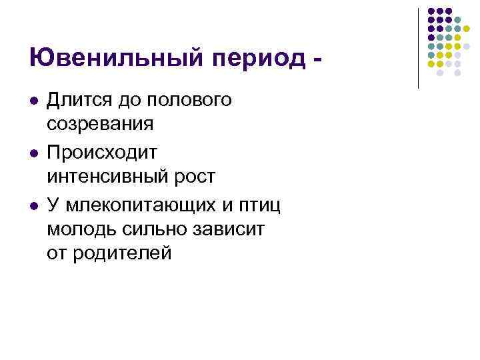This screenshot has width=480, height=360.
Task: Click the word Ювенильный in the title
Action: coord(107,59)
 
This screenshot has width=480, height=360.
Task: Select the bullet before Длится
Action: coord(34,101)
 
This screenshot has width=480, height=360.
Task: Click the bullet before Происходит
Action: coord(34,152)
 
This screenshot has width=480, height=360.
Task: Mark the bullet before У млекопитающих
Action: coord(34,203)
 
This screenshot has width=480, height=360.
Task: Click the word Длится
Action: coord(79,101)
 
